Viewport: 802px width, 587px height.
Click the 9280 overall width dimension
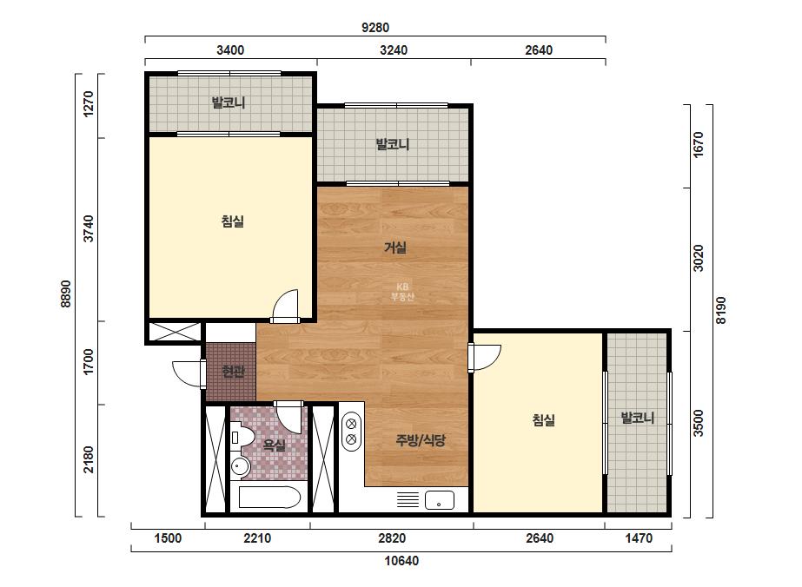[375, 28]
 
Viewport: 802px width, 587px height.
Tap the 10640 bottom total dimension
[401, 561]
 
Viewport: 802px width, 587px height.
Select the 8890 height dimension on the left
[65, 294]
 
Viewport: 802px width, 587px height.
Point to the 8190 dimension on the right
[720, 310]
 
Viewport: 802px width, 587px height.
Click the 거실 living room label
[394, 248]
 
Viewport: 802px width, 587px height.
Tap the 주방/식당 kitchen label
[421, 440]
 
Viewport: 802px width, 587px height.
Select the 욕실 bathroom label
[275, 445]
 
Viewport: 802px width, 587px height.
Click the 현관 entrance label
[233, 372]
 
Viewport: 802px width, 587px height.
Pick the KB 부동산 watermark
[402, 292]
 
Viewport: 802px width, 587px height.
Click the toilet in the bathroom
[242, 437]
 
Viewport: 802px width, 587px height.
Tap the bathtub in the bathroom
[269, 497]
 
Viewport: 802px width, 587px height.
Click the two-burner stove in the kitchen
[351, 432]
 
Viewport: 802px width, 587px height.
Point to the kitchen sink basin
[440, 500]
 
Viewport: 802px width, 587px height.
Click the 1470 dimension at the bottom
[639, 538]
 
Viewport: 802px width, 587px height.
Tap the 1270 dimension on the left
[89, 104]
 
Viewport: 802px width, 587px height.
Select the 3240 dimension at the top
[394, 50]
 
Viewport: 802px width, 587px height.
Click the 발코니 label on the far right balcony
[637, 419]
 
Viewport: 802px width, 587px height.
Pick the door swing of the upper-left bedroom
[285, 307]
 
